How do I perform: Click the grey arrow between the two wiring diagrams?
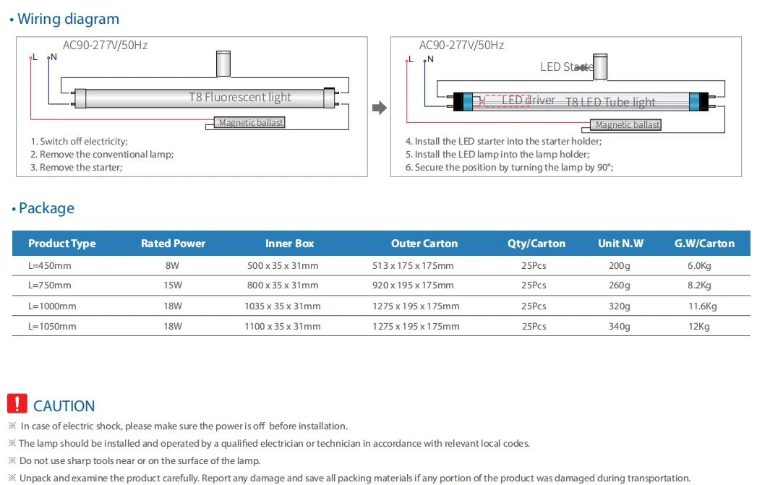pos(380,108)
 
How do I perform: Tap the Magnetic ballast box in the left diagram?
pos(249,123)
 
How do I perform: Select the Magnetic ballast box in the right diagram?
pos(625,125)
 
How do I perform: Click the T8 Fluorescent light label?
pos(240,97)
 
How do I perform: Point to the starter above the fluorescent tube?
pos(223,64)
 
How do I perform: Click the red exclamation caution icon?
pos(17,403)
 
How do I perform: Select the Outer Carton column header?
pos(424,244)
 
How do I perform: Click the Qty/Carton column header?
pos(536,244)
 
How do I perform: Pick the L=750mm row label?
pos(50,286)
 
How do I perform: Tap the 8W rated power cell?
pos(172,265)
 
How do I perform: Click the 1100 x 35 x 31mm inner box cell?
pos(283,326)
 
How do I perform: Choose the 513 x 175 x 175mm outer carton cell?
pos(413,265)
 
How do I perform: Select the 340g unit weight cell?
pos(620,326)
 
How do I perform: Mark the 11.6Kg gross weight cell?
pos(703,306)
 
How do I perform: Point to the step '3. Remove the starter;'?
pos(77,168)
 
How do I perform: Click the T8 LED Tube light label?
pos(610,103)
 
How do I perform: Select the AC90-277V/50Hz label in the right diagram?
pos(461,46)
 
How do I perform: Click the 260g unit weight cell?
pos(620,286)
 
